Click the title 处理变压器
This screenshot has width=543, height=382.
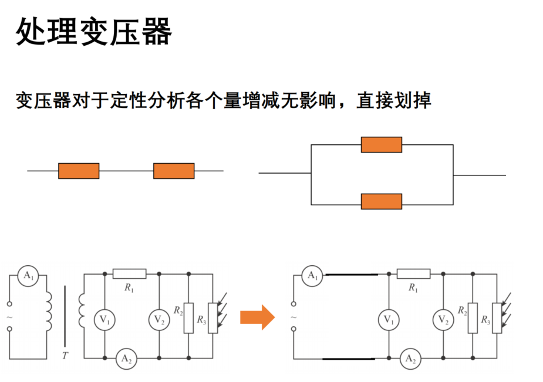click(x=93, y=32)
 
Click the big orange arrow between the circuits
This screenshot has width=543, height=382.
click(x=257, y=317)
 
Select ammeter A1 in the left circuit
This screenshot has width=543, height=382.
click(x=28, y=276)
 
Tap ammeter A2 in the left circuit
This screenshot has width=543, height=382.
click(x=126, y=359)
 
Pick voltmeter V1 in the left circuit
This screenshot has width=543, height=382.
click(x=104, y=320)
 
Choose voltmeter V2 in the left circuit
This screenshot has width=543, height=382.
click(x=159, y=320)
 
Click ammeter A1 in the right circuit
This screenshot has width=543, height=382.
click(x=312, y=276)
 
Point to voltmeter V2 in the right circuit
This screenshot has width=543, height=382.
click(x=443, y=320)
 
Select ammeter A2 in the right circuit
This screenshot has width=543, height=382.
click(x=410, y=359)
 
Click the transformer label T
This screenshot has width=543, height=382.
click(x=65, y=356)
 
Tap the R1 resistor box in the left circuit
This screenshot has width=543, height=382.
click(x=129, y=273)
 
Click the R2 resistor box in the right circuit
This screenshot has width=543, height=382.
click(x=473, y=318)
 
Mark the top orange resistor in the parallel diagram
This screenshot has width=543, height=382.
click(x=382, y=144)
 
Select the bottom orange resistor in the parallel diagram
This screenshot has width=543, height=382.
click(x=382, y=201)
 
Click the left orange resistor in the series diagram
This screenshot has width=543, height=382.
click(x=79, y=171)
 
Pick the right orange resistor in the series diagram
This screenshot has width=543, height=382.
click(x=174, y=171)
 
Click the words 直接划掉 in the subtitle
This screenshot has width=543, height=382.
click(x=394, y=101)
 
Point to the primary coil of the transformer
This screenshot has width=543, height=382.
click(x=49, y=312)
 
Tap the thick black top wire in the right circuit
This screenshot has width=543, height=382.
click(x=352, y=275)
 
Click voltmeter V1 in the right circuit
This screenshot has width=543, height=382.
click(x=389, y=320)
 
